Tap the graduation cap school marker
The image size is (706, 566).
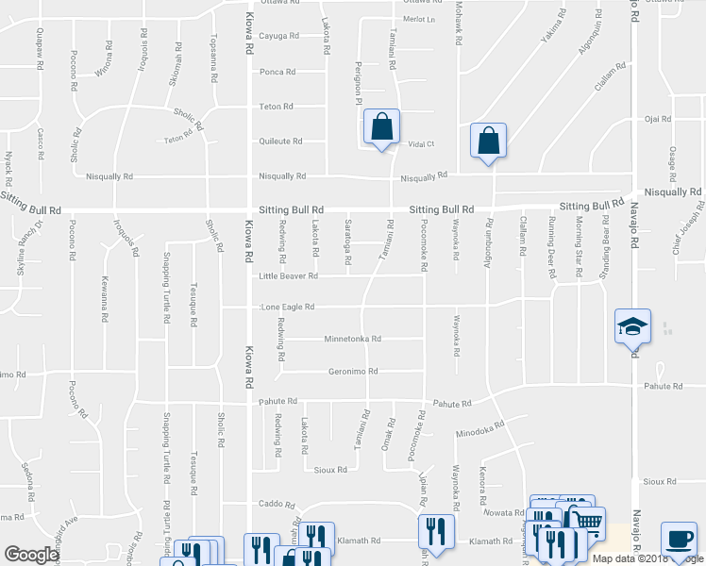click(632, 327)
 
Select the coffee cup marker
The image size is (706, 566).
click(679, 540)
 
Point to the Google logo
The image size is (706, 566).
click(31, 554)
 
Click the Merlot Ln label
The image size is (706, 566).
click(419, 19)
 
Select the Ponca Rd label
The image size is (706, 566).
click(277, 72)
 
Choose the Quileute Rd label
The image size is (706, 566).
click(280, 141)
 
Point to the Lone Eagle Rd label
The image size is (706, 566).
click(287, 308)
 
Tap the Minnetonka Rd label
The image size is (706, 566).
click(352, 339)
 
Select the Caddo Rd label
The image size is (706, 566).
click(277, 505)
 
